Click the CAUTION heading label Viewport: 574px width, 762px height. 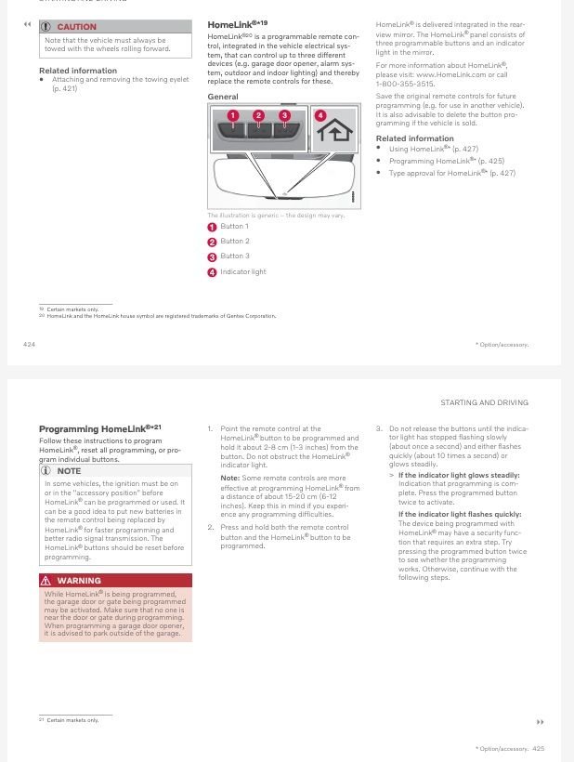pos(76,26)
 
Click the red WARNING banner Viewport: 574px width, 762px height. pos(115,581)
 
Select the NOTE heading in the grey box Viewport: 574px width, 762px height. pos(69,471)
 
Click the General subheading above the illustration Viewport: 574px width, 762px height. pos(222,97)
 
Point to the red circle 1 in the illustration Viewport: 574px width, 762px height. pos(233,115)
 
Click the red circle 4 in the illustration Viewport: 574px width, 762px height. pos(320,115)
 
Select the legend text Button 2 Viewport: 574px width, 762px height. pos(235,242)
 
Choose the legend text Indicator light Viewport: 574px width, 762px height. pos(243,272)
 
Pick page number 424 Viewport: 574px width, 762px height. pos(29,344)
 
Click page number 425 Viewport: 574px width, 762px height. pos(539,748)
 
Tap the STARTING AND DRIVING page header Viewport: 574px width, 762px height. pos(484,402)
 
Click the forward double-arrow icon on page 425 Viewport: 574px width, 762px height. pos(540,722)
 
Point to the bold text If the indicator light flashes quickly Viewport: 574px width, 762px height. pos(460,514)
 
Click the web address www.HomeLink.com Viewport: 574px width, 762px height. pos(449,74)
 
